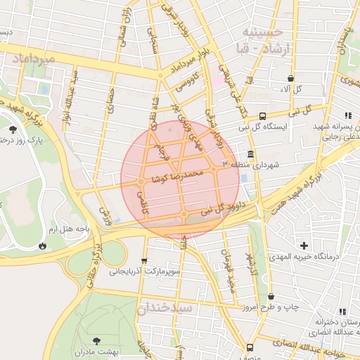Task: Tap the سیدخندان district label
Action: (165, 308)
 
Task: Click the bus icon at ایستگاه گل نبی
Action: (262, 116)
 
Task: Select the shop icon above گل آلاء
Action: (290, 79)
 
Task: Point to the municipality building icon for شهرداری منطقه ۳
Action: (250, 154)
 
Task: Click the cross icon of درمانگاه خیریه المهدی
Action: (304, 245)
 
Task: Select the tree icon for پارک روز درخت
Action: (13, 129)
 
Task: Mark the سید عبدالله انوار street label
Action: (73, 96)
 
